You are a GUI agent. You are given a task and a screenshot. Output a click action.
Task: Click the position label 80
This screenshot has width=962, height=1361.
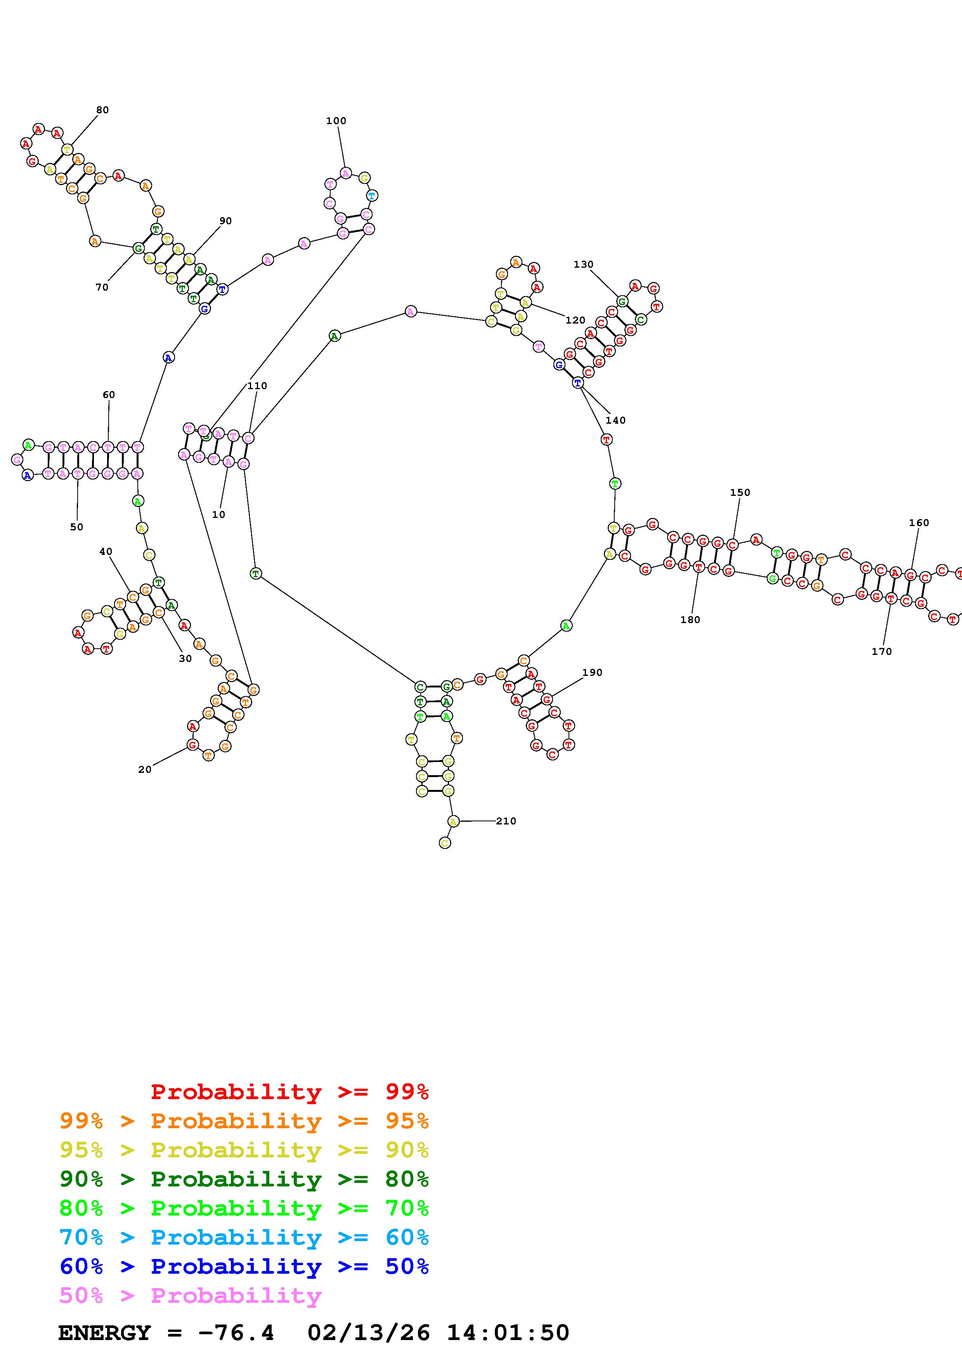coord(102,110)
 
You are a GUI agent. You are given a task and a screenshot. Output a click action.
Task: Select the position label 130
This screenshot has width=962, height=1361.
coord(583,264)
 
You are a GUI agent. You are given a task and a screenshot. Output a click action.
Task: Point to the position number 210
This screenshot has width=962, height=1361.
coord(506,821)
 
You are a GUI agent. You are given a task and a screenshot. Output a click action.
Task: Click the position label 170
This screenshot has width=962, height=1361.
coord(881,651)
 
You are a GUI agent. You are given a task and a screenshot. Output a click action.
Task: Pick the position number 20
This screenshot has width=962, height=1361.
coord(145,769)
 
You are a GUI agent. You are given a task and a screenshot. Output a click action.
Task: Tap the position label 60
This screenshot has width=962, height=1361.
coord(109,395)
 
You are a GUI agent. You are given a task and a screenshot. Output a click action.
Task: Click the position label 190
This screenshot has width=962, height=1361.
coord(592,672)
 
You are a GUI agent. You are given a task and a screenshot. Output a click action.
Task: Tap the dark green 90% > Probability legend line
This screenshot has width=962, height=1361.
coord(244,1179)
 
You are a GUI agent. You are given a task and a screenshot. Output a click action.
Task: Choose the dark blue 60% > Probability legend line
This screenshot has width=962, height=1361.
coord(244,1266)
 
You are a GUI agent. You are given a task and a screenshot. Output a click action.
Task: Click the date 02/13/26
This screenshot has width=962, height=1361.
coord(369,1333)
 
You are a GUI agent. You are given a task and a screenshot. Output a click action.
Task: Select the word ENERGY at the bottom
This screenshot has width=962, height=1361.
coord(104,1333)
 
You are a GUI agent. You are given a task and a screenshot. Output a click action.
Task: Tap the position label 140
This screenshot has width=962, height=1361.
coord(615,420)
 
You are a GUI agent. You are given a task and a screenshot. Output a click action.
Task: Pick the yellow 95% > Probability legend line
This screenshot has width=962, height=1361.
coord(244,1150)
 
